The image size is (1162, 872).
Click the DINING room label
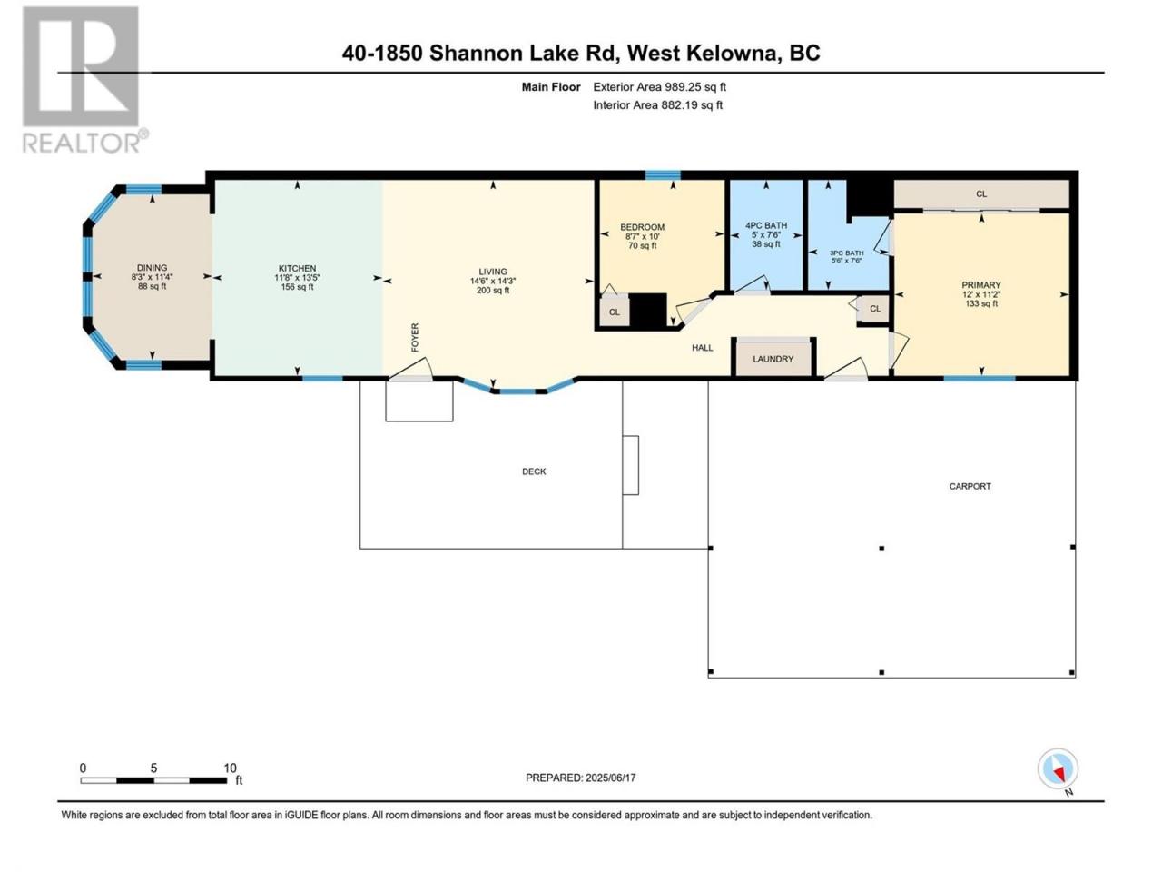152,268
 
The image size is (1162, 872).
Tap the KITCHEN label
297,269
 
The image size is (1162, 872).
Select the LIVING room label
493,272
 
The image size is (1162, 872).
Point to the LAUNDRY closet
773,359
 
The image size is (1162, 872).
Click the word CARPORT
970,486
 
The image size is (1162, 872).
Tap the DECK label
534,471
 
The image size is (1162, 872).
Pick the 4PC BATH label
766,225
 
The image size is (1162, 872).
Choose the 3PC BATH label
846,253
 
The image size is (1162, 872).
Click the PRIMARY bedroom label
981,285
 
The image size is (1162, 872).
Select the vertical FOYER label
415,337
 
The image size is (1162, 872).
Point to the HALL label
702,348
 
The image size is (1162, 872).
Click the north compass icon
1058,768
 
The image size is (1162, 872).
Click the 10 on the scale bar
230,768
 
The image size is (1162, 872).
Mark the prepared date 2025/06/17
610,778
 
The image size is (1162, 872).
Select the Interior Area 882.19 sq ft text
657,104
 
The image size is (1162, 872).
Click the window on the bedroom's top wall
663,175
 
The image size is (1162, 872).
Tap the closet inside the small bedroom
614,312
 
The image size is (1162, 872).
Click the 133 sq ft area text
981,303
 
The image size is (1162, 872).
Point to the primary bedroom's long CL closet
981,194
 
